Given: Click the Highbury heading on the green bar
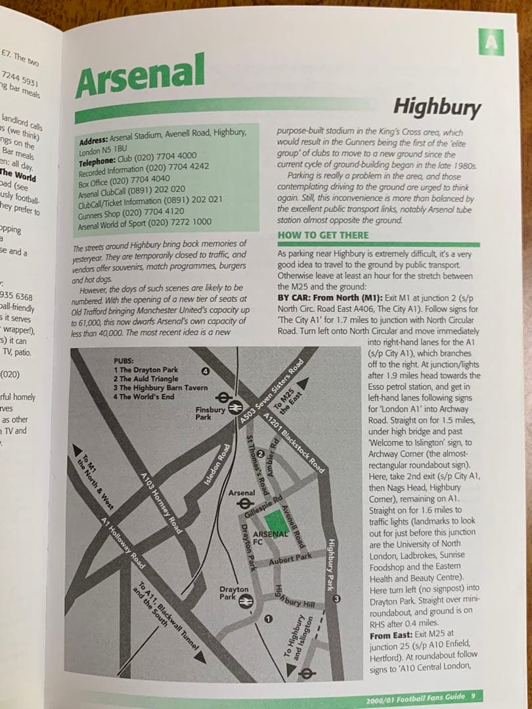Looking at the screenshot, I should tap(436, 106).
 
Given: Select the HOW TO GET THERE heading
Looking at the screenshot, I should tap(324, 235).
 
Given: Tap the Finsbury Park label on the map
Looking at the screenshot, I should tap(210, 414).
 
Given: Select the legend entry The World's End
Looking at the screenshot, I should tap(144, 397).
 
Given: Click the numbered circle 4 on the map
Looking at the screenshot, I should tap(206, 372).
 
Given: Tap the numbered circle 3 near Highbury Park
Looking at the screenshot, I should tap(336, 599).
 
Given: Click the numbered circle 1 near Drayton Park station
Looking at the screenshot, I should tap(268, 619).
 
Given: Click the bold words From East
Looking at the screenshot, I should tap(391, 636).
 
